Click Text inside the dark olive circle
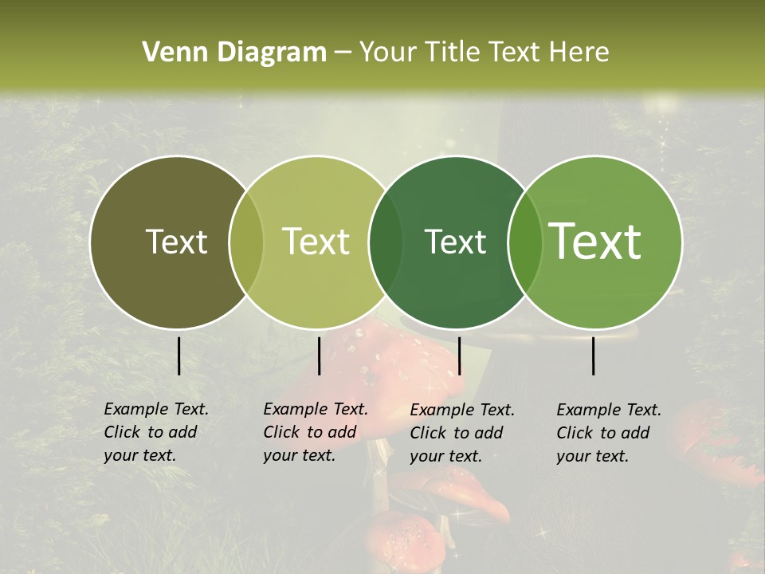click(176, 242)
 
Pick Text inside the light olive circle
click(316, 242)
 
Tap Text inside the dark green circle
click(455, 242)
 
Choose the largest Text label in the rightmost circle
click(595, 242)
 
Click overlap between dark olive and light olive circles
click(246, 242)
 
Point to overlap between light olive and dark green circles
click(386, 242)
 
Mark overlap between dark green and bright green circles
click(525, 242)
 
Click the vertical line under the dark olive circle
click(178, 356)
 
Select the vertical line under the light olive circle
click(319, 356)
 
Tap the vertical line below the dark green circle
click(459, 356)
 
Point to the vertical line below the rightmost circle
click(594, 356)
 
